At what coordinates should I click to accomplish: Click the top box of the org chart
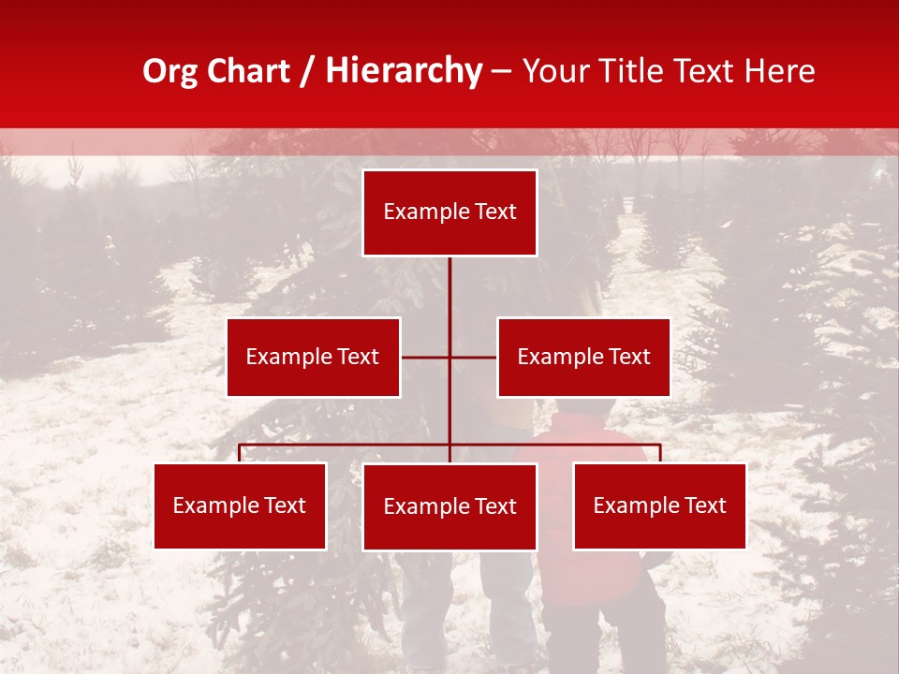(449, 212)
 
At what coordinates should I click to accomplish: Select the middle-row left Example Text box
(313, 357)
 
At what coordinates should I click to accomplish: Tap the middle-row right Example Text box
(583, 357)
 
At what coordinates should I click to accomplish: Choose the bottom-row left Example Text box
(240, 505)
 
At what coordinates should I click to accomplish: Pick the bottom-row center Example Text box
(449, 506)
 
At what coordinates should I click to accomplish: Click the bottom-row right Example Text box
(659, 505)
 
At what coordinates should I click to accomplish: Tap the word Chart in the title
(248, 71)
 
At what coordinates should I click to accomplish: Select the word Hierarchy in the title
(404, 71)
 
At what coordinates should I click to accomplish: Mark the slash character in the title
(308, 72)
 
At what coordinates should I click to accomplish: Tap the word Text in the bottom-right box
(703, 505)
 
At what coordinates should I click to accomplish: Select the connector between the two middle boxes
(449, 357)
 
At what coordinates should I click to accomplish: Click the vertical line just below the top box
(449, 281)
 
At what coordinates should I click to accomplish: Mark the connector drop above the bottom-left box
(240, 453)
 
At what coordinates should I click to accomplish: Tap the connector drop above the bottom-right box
(659, 453)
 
